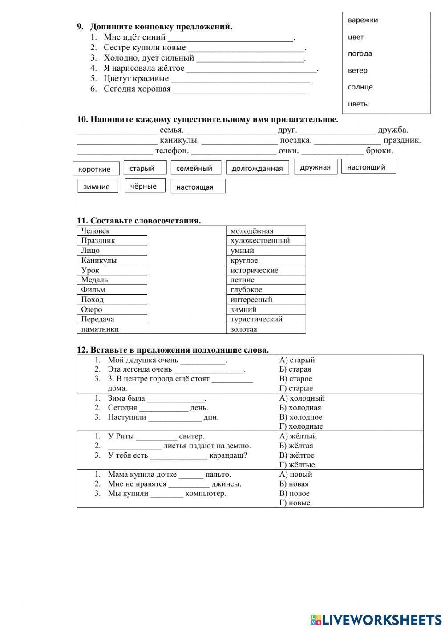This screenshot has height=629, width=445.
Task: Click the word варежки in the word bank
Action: [363, 20]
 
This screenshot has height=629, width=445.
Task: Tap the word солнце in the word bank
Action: [360, 87]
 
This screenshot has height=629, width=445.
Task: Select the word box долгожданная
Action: [257, 168]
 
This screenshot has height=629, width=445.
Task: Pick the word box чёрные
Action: [143, 186]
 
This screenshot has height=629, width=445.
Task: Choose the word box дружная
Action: [315, 167]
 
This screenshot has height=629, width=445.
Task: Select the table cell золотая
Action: [266, 329]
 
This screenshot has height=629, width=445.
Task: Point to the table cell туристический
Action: [266, 319]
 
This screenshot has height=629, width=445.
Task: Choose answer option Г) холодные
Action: [301, 426]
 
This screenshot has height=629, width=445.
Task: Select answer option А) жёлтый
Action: [298, 436]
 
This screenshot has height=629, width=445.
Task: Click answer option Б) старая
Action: [295, 369]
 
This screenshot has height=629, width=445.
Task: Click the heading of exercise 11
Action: [139, 221]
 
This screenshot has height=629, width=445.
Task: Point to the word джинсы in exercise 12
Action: [226, 484]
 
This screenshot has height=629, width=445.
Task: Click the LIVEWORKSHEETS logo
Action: [376, 619]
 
